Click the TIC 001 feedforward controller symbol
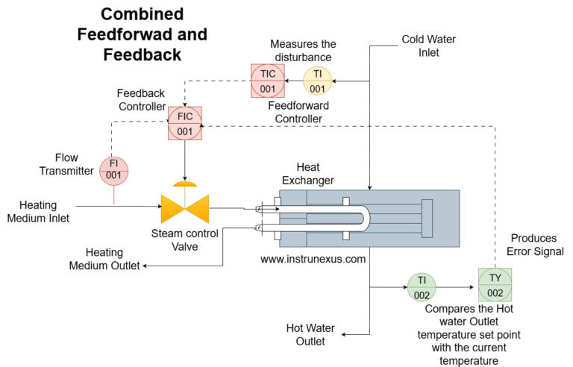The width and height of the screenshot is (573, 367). pyautogui.click(x=268, y=81)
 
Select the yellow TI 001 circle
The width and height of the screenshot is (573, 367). pyautogui.click(x=318, y=81)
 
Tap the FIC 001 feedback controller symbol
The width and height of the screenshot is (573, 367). pyautogui.click(x=184, y=124)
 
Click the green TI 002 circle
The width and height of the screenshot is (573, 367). pyautogui.click(x=422, y=287)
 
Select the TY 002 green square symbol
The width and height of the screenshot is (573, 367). pyautogui.click(x=495, y=287)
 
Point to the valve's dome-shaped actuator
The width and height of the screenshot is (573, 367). pyautogui.click(x=185, y=183)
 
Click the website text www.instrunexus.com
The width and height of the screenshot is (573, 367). pyautogui.click(x=313, y=260)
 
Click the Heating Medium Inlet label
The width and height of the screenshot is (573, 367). pyautogui.click(x=44, y=211)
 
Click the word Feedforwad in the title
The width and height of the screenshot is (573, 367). pyautogui.click(x=142, y=34)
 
